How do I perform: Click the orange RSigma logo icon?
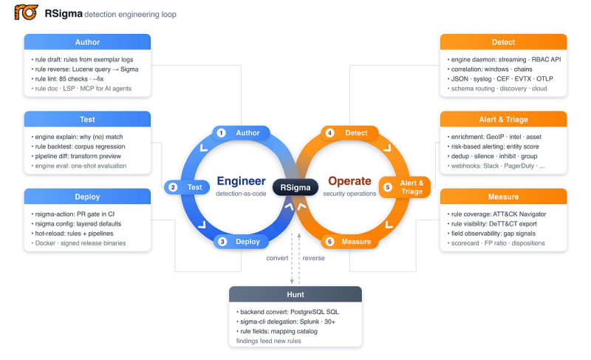pos(26,13)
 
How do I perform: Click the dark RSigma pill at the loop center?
pos(295,187)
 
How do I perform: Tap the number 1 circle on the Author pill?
pos(221,133)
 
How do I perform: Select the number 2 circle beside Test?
pos(173,187)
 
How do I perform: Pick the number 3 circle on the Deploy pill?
pos(222,241)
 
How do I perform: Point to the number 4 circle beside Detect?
pos(329,133)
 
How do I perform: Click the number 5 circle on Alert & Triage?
pos(387,187)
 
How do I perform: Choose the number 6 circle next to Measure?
pos(329,241)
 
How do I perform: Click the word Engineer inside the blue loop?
pos(242,181)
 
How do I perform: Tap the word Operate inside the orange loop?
pos(349,181)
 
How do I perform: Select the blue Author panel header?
pos(87,42)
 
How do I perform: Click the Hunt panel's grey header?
pos(295,294)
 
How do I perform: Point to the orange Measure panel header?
pos(504,197)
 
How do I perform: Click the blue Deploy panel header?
pos(87,197)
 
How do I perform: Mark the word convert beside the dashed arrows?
pos(277,258)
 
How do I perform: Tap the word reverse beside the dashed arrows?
pos(313,258)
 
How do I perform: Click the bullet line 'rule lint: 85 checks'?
pos(68,79)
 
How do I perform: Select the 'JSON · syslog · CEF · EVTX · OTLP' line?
pos(501,79)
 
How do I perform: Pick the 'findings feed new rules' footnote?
pos(269,341)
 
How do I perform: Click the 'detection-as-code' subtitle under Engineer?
pos(242,194)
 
